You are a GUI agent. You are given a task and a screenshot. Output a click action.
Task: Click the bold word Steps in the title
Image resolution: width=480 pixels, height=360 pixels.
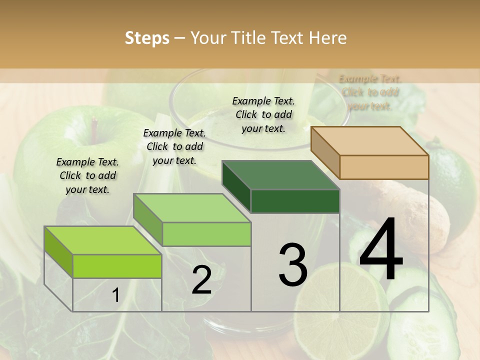(x=146, y=38)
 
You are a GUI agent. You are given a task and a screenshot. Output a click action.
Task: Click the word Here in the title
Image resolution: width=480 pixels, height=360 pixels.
(x=327, y=38)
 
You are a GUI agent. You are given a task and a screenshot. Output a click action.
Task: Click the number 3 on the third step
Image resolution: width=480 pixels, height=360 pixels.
(x=293, y=264)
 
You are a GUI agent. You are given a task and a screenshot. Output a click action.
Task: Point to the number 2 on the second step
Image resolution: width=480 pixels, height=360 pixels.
(x=201, y=280)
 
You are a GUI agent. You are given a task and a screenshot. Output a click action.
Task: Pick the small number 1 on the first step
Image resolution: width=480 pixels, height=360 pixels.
(x=115, y=295)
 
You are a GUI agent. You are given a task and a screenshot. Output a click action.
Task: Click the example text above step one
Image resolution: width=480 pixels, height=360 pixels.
(x=87, y=175)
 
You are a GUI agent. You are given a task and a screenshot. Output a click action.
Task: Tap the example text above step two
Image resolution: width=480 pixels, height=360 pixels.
(x=174, y=146)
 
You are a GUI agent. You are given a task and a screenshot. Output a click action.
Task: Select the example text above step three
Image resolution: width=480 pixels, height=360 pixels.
(x=263, y=114)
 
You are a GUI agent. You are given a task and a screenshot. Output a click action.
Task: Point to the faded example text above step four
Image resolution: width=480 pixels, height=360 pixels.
(x=370, y=92)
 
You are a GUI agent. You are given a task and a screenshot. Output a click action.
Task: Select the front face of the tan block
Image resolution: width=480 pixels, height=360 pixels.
(x=384, y=167)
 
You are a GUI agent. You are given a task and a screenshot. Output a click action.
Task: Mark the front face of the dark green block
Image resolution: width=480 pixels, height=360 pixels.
(x=295, y=201)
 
